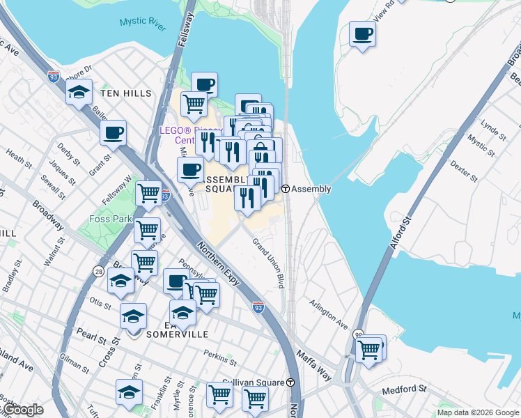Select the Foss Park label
pyautogui.click(x=111, y=219)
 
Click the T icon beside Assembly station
pyautogui.click(x=286, y=189)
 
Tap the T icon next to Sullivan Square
pyautogui.click(x=290, y=382)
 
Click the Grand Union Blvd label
pyautogui.click(x=268, y=263)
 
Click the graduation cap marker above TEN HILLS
pyautogui.click(x=79, y=92)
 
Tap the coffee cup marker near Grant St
pyautogui.click(x=113, y=132)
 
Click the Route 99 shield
pyautogui.click(x=358, y=334)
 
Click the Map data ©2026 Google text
pyautogui.click(x=477, y=412)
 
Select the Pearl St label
pyautogui.click(x=91, y=335)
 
